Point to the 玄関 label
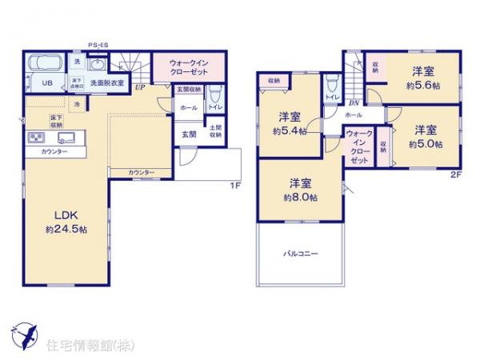coord(188,133)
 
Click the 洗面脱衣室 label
coord(106,82)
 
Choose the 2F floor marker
coord(454,174)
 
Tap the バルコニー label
coord(300,254)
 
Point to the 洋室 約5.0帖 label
coord(424,136)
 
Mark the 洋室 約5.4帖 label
coord(289,123)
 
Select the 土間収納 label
coord(215,131)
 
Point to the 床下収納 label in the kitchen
coord(56,122)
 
